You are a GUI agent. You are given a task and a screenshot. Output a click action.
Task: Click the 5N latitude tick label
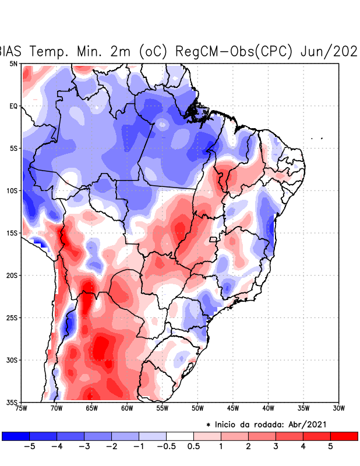click(13, 63)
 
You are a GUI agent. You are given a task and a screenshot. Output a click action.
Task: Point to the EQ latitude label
click(13, 106)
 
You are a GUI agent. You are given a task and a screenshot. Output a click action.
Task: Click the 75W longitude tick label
click(22, 408)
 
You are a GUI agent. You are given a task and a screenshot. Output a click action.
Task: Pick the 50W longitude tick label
click(197, 408)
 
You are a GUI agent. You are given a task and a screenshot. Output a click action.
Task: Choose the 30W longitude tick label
click(338, 408)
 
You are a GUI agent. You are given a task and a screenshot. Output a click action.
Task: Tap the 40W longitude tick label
click(268, 408)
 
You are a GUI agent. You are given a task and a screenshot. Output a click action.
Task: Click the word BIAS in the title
click(10, 51)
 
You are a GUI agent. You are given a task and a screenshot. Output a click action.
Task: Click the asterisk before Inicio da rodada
click(209, 425)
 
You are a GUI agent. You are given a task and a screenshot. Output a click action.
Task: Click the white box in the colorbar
click(180, 436)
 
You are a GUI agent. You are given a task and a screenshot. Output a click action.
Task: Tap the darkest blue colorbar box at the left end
click(16, 436)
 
